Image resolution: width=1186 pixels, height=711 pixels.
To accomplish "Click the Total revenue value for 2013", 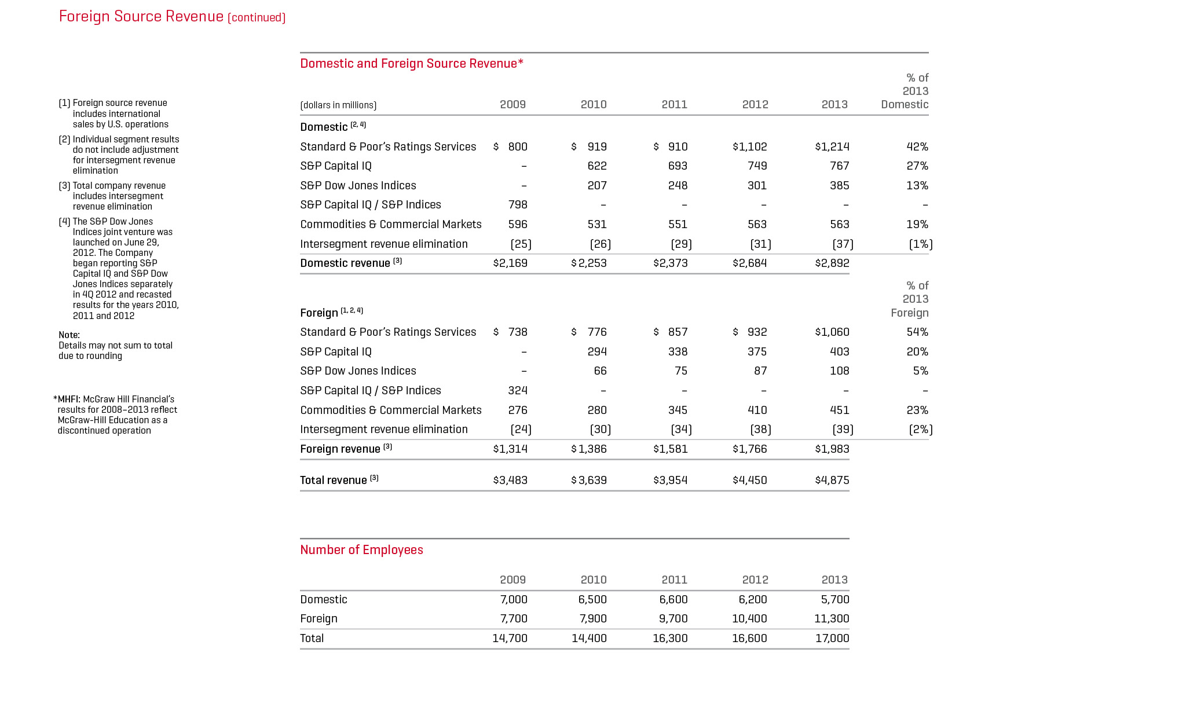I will click(832, 480).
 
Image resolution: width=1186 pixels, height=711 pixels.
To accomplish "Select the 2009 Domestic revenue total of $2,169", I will click(510, 263).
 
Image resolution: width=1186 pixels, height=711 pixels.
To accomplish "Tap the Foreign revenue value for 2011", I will click(670, 449).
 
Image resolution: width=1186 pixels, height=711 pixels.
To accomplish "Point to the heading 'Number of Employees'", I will click(361, 549).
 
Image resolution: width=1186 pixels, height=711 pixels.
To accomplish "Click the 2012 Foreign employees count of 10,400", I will click(749, 618).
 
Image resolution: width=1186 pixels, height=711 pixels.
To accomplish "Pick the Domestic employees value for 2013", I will click(834, 599).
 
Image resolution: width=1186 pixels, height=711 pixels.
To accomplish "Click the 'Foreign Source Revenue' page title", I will click(141, 16).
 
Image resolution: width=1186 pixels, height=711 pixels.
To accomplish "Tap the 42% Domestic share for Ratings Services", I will click(917, 146).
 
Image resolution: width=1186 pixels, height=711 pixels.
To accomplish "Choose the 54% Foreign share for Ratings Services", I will click(917, 332).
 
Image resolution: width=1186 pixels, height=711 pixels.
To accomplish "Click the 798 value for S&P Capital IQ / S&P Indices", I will click(517, 204).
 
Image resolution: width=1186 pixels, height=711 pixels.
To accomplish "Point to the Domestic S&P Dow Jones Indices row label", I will click(358, 185).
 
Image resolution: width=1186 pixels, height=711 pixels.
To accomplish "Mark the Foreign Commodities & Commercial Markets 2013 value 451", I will click(839, 410).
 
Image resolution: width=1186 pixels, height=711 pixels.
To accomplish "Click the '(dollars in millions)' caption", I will click(338, 105).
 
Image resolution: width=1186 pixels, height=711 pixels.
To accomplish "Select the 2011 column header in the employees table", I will click(674, 580).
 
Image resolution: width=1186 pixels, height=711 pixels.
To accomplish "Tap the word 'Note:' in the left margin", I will click(69, 335).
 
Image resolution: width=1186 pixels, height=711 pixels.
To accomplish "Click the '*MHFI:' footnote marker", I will click(68, 399).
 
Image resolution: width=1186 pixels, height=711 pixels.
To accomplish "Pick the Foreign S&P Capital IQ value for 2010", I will click(596, 351).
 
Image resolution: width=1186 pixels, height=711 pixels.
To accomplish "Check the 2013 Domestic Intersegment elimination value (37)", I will click(843, 244).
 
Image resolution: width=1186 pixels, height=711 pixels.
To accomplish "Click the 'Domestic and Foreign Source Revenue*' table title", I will click(411, 63).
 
